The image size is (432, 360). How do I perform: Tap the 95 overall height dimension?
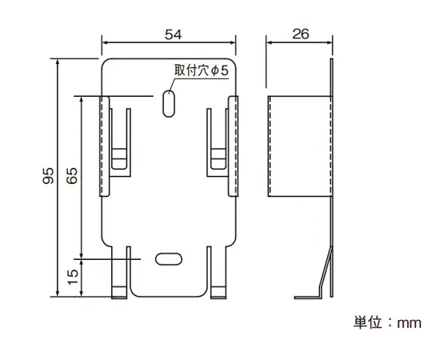[48, 177]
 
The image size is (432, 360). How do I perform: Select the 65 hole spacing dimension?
[73, 177]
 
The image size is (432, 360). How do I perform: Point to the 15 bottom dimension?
[73, 277]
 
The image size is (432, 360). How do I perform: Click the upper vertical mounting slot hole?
[169, 103]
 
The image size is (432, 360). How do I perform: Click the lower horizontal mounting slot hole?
[168, 258]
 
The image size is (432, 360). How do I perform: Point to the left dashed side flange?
[103, 145]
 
